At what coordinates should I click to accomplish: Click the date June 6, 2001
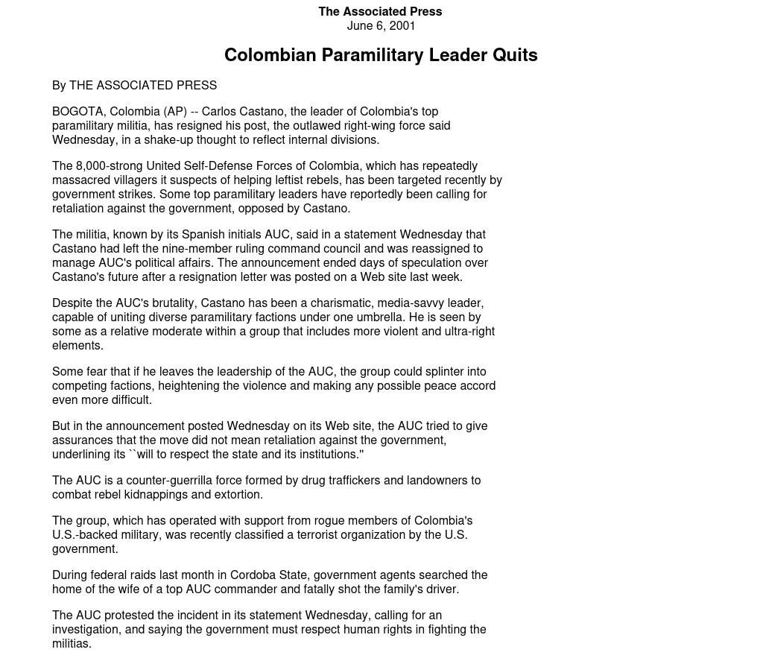(x=381, y=25)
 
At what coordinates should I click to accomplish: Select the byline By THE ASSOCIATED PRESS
(x=134, y=86)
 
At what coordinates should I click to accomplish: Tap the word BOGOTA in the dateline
(x=77, y=112)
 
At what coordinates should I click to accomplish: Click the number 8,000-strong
(x=109, y=166)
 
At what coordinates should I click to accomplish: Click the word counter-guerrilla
(x=168, y=481)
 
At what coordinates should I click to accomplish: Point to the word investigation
(x=86, y=630)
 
